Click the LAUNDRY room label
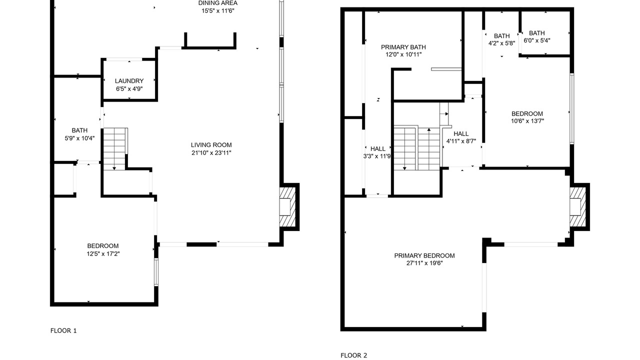tap(129, 81)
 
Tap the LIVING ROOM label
tap(211, 145)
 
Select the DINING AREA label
tap(218, 3)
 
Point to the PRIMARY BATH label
tap(403, 47)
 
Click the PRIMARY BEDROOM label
tap(424, 255)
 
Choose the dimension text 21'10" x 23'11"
tap(211, 153)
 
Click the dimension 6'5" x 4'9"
tap(129, 89)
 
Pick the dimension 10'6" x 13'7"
tap(527, 121)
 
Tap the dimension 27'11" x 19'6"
tap(424, 263)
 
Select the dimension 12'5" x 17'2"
tap(103, 253)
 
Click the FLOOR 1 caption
tap(63, 331)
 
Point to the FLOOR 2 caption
tap(353, 355)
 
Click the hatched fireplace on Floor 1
tap(287, 207)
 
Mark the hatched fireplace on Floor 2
tap(577, 207)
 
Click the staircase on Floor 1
tap(115, 149)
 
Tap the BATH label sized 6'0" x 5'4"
tap(537, 33)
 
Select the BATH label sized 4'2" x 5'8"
tap(501, 36)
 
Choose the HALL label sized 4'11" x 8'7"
tap(461, 133)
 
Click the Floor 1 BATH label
tap(79, 130)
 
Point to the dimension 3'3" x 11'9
tap(377, 156)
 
